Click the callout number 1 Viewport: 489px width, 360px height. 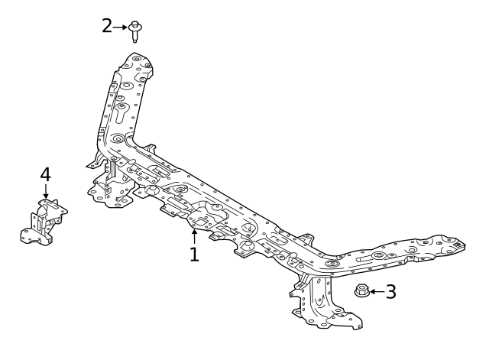pyautogui.click(x=194, y=254)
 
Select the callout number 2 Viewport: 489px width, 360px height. pyautogui.click(x=107, y=26)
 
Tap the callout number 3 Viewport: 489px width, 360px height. pyautogui.click(x=391, y=292)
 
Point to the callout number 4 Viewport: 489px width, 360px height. pyautogui.click(x=46, y=174)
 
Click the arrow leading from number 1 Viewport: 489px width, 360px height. pyautogui.click(x=194, y=236)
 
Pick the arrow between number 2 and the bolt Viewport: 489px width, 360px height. pyautogui.click(x=120, y=28)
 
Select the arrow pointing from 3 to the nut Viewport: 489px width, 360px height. pyautogui.click(x=377, y=292)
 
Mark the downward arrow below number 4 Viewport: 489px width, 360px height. pyautogui.click(x=46, y=191)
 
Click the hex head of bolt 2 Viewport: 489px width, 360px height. pyautogui.click(x=134, y=24)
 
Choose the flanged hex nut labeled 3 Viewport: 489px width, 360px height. pyautogui.click(x=362, y=290)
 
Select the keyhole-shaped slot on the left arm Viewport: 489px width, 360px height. pyautogui.click(x=121, y=112)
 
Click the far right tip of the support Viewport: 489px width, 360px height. pyautogui.click(x=465, y=245)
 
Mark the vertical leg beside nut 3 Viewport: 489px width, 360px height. pyautogui.click(x=319, y=300)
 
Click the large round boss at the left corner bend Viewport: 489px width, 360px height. pyautogui.click(x=118, y=138)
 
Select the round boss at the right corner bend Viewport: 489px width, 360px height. pyautogui.click(x=332, y=264)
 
